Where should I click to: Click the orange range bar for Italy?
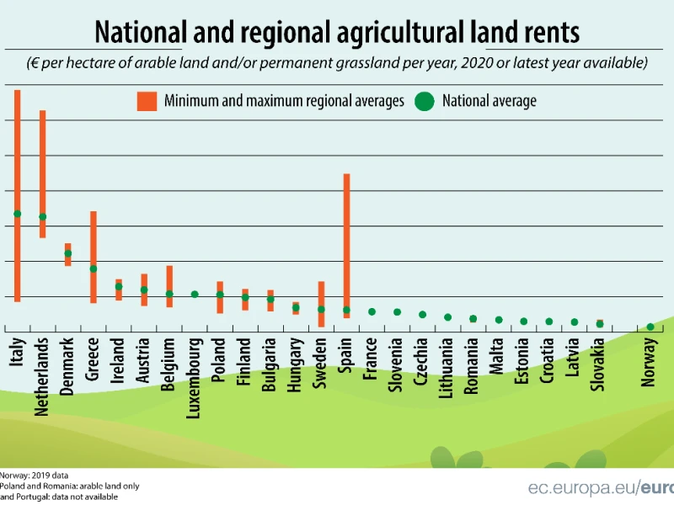pyautogui.click(x=17, y=196)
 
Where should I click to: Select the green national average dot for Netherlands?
pyautogui.click(x=43, y=217)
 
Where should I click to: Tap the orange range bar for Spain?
pyautogui.click(x=346, y=246)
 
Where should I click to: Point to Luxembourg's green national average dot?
pyautogui.click(x=195, y=294)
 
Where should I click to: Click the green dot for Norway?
pyautogui.click(x=650, y=327)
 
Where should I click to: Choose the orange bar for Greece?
pyautogui.click(x=94, y=258)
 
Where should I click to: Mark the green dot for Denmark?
pyautogui.click(x=68, y=253)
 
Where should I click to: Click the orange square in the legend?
pyautogui.click(x=147, y=101)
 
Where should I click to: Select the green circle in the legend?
pyautogui.click(x=425, y=101)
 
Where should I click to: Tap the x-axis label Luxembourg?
pyautogui.click(x=194, y=378)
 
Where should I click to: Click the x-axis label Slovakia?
pyautogui.click(x=598, y=364)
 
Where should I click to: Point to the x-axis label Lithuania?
pyautogui.click(x=447, y=368)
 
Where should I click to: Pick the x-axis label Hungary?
pyautogui.click(x=294, y=364)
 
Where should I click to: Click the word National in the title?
pyautogui.click(x=141, y=32)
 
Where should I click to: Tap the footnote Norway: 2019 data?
pyautogui.click(x=34, y=476)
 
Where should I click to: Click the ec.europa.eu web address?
pyautogui.click(x=601, y=488)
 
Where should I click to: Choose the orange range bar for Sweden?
pyautogui.click(x=321, y=305)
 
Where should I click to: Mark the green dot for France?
pyautogui.click(x=372, y=311)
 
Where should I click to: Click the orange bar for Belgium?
pyautogui.click(x=169, y=286)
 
